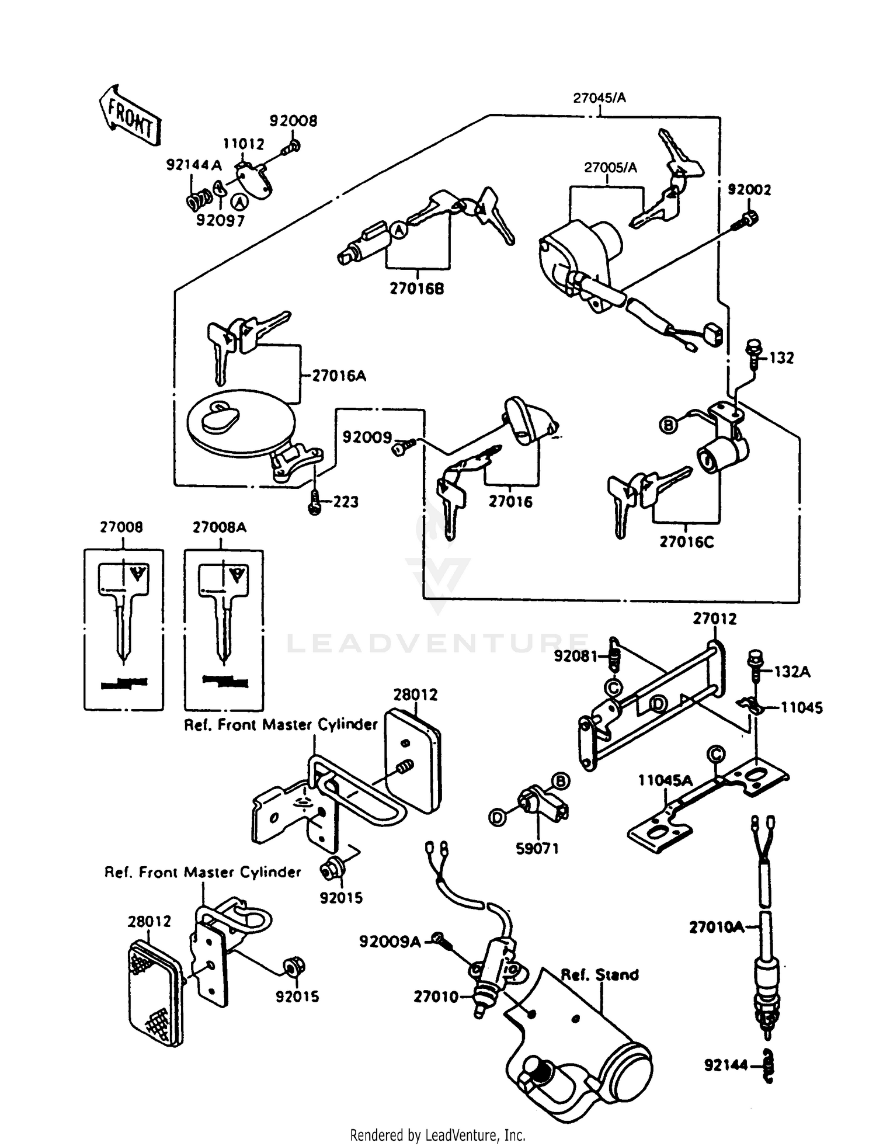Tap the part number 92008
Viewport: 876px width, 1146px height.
pos(293,121)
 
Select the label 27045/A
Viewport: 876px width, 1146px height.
pos(599,98)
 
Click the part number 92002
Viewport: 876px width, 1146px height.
pos(749,190)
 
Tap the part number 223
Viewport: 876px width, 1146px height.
pos(345,502)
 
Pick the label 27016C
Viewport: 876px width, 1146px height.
pos(687,542)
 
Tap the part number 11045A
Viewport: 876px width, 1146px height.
pos(665,780)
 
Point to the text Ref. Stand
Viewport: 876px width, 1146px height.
pos(599,975)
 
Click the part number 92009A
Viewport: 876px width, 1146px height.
pos(390,942)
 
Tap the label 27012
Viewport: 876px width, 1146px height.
pos(715,619)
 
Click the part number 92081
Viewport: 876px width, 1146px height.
pos(575,657)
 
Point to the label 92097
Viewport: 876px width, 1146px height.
pos(220,221)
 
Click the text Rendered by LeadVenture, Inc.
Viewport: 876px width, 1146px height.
pos(437,1135)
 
